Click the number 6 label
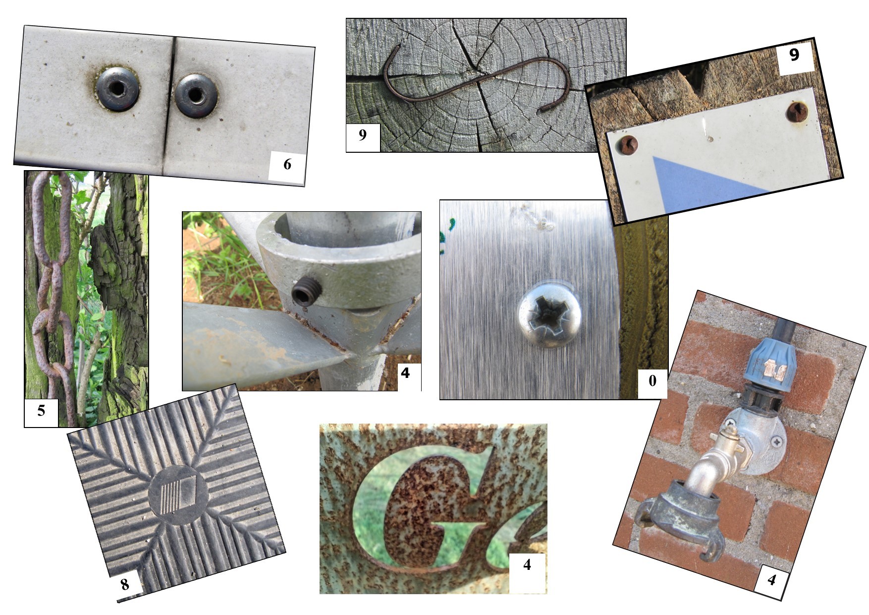tap(287, 164)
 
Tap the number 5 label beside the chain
tap(41, 411)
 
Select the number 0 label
tap(652, 381)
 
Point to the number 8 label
tap(125, 584)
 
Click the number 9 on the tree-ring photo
tap(363, 134)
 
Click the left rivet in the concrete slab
tap(117, 89)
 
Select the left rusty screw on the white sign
tap(628, 145)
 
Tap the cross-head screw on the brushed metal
tap(550, 314)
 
